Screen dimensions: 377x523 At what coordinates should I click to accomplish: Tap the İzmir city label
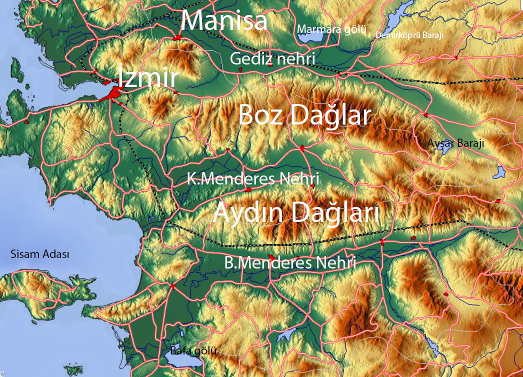pos(148,78)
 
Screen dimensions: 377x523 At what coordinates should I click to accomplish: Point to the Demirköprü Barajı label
pos(409,34)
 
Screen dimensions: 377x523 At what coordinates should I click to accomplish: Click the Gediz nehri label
pos(272,58)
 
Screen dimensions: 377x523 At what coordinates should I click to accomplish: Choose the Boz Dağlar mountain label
pos(304,115)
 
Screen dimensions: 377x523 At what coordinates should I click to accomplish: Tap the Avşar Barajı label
pos(455,143)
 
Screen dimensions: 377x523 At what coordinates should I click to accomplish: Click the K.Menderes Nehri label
pos(252,178)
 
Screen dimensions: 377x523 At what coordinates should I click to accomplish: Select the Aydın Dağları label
pos(296,213)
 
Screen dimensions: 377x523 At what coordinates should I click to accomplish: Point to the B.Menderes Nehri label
pos(290,262)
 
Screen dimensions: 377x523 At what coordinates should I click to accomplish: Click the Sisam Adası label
pos(40,254)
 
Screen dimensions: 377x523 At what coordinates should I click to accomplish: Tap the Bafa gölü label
pos(193,350)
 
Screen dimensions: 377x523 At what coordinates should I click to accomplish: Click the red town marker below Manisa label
pos(177,38)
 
